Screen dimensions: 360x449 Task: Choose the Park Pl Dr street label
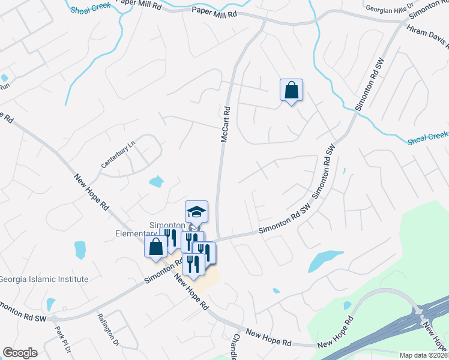click(63, 339)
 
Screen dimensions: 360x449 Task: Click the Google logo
click(20, 353)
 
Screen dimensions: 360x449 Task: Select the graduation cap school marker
click(196, 211)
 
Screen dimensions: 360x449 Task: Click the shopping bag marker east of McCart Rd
click(291, 90)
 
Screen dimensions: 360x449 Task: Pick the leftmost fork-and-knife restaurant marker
click(170, 237)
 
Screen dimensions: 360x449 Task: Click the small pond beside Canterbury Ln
click(156, 181)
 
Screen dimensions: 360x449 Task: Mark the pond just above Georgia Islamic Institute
click(80, 249)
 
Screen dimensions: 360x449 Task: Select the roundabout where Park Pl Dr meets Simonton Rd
click(54, 319)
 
